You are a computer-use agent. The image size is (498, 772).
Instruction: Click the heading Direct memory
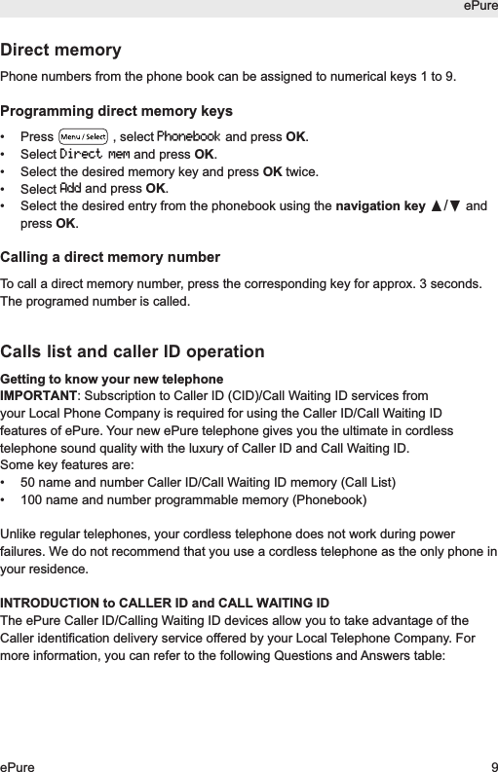61,50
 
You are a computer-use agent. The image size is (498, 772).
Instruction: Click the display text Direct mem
95,154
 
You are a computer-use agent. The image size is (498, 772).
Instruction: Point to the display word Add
70,188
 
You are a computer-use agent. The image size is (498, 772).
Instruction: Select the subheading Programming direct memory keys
117,111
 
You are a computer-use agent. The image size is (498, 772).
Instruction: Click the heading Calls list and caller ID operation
133,351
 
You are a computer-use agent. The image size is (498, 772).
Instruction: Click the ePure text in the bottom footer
18,767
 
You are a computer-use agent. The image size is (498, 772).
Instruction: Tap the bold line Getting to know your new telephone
112,379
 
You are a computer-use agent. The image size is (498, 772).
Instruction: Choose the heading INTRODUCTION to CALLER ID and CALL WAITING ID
165,603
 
